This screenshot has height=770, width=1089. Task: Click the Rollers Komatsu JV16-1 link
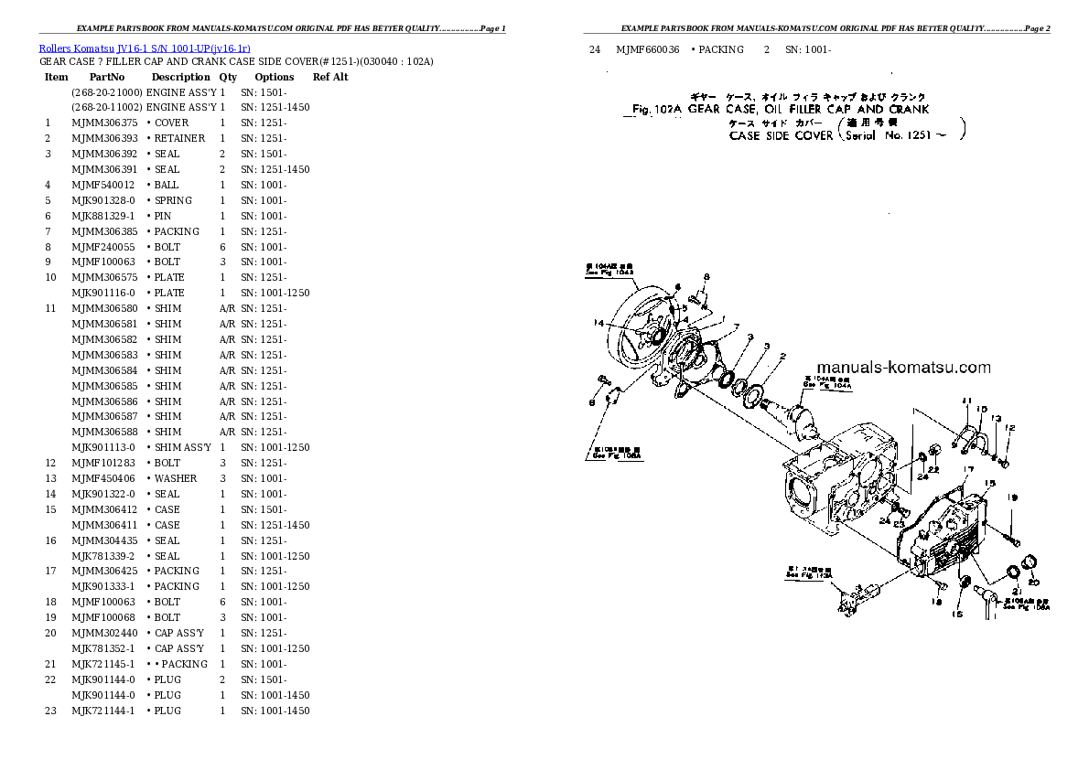click(145, 47)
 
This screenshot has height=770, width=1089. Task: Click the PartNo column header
click(107, 78)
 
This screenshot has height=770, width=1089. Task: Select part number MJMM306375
click(104, 123)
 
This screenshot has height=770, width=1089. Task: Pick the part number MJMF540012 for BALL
click(103, 185)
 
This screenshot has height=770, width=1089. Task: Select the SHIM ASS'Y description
click(180, 447)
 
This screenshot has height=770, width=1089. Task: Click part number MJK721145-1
click(103, 664)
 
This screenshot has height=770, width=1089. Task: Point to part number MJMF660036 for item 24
click(648, 49)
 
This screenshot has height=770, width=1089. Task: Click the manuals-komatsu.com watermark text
click(899, 368)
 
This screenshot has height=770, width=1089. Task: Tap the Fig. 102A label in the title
click(658, 109)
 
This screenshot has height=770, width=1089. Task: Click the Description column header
click(181, 78)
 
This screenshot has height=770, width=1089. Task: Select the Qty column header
click(228, 78)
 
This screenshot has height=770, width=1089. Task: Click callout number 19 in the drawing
click(1012, 497)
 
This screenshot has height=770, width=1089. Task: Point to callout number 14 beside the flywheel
click(598, 322)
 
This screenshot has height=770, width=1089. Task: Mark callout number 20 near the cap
click(1033, 582)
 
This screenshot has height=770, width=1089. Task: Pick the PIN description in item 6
click(162, 216)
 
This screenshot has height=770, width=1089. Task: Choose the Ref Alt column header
click(330, 78)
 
